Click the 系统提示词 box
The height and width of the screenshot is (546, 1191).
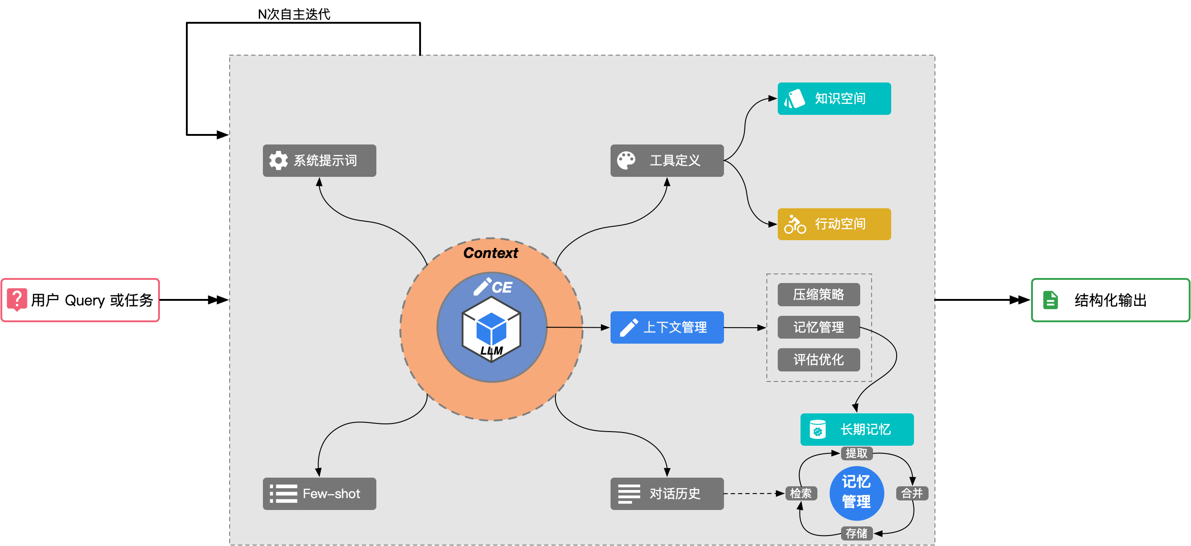[319, 160]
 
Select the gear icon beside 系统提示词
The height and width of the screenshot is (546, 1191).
[278, 160]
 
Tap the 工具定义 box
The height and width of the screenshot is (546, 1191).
[667, 160]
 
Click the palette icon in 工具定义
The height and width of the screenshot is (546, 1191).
[626, 160]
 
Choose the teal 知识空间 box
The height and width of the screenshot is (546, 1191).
[834, 98]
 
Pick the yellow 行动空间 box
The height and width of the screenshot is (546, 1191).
[834, 224]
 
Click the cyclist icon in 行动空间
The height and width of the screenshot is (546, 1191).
[795, 224]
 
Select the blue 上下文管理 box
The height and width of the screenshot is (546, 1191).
[667, 327]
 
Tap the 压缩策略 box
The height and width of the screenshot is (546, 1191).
[818, 294]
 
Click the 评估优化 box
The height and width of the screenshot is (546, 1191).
[818, 360]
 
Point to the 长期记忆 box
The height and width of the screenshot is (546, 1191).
[857, 429]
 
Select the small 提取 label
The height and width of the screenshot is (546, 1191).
[856, 453]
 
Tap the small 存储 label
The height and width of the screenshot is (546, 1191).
[856, 534]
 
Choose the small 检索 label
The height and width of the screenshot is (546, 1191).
[801, 493]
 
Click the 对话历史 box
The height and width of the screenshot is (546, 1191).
[667, 494]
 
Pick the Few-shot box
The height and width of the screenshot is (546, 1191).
[319, 494]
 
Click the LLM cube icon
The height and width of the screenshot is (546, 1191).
[491, 329]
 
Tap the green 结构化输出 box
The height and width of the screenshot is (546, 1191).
[1110, 300]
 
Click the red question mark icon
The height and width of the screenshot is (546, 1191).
[17, 299]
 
